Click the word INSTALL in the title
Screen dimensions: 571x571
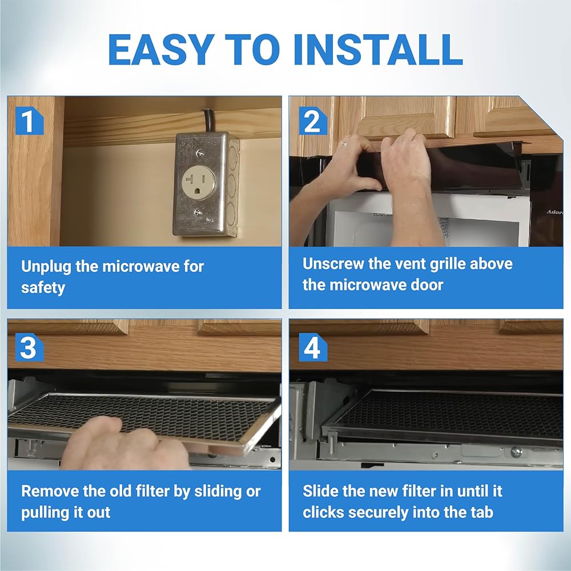pyautogui.click(x=378, y=49)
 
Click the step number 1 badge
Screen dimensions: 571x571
pyautogui.click(x=29, y=121)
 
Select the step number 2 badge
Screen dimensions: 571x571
pyautogui.click(x=312, y=121)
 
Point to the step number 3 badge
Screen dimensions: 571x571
pyautogui.click(x=29, y=348)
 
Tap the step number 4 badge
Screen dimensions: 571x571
pyautogui.click(x=312, y=348)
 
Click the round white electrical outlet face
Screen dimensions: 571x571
pyautogui.click(x=199, y=183)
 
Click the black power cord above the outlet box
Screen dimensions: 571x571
pyautogui.click(x=208, y=120)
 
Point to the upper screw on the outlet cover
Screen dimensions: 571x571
pyautogui.click(x=199, y=153)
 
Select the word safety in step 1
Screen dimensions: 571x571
pyautogui.click(x=43, y=288)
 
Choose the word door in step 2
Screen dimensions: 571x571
pyautogui.click(x=427, y=285)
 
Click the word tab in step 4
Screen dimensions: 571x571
pyautogui.click(x=481, y=512)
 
